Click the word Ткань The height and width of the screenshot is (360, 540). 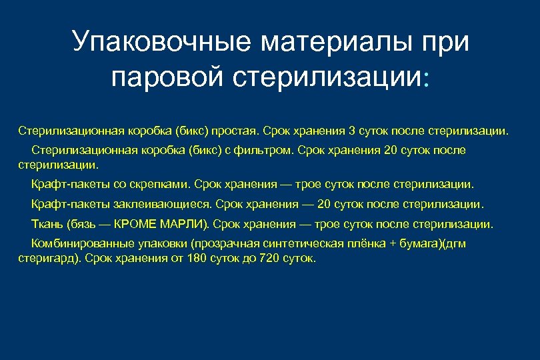45,223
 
